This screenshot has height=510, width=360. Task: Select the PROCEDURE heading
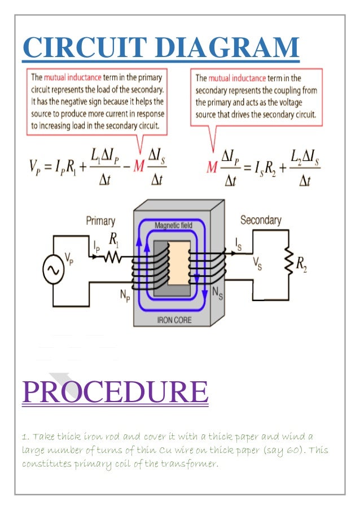(115, 393)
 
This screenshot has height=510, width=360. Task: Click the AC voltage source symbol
(54, 271)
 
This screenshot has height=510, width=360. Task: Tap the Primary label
(100, 221)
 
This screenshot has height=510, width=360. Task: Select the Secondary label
(261, 220)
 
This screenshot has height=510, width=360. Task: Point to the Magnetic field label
(173, 225)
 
